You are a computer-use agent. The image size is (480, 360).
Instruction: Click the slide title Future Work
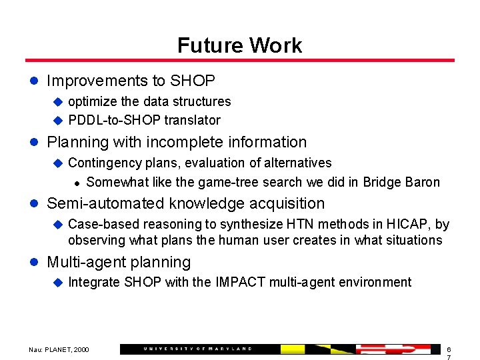click(239, 45)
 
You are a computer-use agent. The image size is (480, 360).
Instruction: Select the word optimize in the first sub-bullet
click(93, 102)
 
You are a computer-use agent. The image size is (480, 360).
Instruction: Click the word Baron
click(422, 183)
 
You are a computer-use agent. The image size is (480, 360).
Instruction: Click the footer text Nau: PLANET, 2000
click(59, 349)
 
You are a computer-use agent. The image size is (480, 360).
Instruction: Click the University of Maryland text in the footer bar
click(198, 349)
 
